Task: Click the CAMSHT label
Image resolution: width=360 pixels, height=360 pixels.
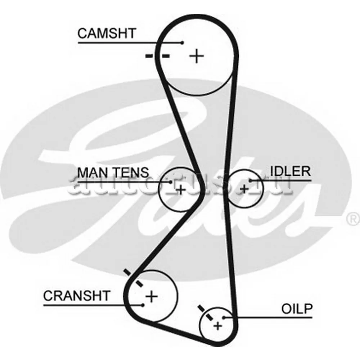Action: (x=107, y=33)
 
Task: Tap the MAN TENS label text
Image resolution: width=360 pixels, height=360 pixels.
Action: (x=113, y=172)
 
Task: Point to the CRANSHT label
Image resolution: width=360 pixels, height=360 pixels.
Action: (x=76, y=296)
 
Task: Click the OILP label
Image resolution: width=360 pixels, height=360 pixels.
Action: (x=297, y=309)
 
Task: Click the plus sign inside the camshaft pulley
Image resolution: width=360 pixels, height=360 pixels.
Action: (x=197, y=56)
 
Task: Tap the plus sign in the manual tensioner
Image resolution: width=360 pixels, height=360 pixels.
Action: (x=181, y=188)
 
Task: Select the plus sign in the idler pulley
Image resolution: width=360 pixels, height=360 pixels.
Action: (x=244, y=188)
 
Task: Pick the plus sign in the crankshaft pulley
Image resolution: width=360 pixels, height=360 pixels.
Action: (x=152, y=297)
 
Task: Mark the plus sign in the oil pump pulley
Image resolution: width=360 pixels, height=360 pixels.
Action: (x=217, y=326)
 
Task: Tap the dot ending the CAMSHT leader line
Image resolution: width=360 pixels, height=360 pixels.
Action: (x=183, y=42)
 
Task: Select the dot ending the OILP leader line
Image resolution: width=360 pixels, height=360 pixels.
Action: (x=224, y=317)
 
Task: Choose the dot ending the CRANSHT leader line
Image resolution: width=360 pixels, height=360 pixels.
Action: (x=143, y=305)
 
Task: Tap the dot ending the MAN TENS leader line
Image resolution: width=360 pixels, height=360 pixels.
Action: (x=171, y=182)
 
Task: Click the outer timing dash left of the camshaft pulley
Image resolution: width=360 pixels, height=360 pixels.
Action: (x=148, y=56)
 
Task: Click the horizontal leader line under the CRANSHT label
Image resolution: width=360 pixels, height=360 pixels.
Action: (x=90, y=305)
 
